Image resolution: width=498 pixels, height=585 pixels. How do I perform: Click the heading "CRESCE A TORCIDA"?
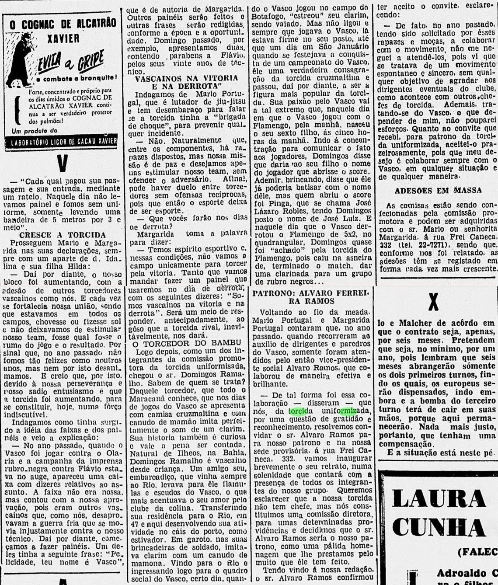coord(63,235)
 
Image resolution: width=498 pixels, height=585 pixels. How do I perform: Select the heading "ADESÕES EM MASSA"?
coord(438,191)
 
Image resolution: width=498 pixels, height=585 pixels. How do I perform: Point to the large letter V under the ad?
coord(63,163)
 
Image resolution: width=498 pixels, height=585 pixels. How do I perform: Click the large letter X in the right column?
coord(433,301)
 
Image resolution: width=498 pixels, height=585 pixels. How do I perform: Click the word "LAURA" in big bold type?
coord(439,498)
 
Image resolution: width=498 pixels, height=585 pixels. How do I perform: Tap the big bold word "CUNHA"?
coord(439,527)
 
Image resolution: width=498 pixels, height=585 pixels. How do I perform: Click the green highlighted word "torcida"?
coord(301,411)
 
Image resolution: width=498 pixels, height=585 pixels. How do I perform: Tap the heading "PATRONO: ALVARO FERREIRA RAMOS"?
coord(311,297)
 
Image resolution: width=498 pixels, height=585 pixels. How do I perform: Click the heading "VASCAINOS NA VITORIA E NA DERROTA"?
coord(186,82)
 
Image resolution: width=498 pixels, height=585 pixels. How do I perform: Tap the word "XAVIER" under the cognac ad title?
coord(63,38)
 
